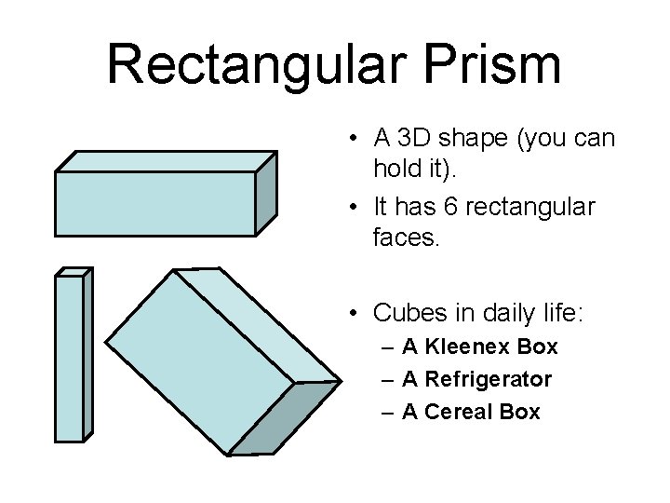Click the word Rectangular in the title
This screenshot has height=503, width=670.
245,65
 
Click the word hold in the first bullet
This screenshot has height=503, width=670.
395,172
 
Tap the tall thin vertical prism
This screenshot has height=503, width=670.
69,358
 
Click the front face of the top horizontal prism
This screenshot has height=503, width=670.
154,203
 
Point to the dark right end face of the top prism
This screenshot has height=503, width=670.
266,194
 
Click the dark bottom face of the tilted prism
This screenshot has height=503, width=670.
285,419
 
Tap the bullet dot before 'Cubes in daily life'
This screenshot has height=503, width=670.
356,314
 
